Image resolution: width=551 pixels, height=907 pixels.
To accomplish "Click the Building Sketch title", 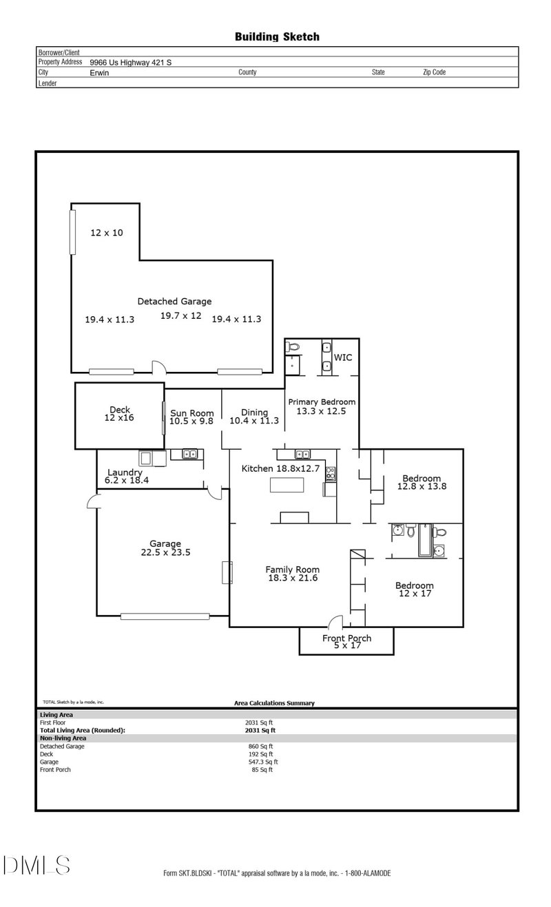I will pyautogui.click(x=277, y=37).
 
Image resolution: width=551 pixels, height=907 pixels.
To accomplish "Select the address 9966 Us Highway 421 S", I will pyautogui.click(x=131, y=62).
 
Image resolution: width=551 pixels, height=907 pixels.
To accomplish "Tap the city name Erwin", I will pyautogui.click(x=99, y=72).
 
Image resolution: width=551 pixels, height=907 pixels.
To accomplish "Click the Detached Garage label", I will pyautogui.click(x=174, y=301).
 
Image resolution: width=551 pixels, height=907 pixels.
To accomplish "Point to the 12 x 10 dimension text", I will pyautogui.click(x=107, y=233).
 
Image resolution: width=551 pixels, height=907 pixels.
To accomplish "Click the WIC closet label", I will pyautogui.click(x=343, y=358).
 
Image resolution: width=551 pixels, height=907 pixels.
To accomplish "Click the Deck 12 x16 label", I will pyautogui.click(x=120, y=414).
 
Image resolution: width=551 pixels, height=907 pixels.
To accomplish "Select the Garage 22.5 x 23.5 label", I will pyautogui.click(x=165, y=548).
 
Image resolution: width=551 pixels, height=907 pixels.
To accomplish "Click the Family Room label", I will pyautogui.click(x=293, y=574).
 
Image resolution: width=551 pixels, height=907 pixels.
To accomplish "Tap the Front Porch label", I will pyautogui.click(x=346, y=642).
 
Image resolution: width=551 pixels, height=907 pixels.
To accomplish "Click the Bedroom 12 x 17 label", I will pyautogui.click(x=414, y=590).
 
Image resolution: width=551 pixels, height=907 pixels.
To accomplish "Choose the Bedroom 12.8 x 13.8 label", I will pyautogui.click(x=422, y=482).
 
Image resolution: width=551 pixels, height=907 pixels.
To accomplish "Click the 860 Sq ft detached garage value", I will pyautogui.click(x=260, y=746).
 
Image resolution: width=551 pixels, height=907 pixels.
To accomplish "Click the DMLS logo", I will pyautogui.click(x=36, y=865).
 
